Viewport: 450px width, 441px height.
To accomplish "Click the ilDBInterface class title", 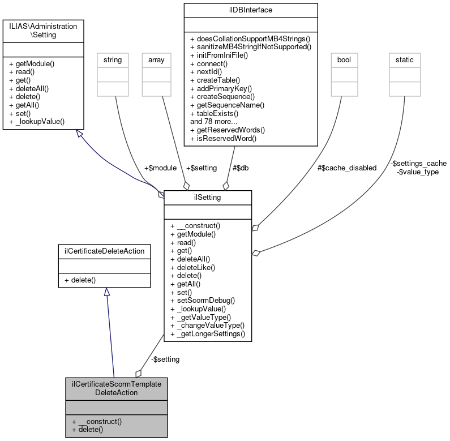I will pos(250,10).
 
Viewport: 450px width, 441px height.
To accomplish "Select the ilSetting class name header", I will pos(207,197).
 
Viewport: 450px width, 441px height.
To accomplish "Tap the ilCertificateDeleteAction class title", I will pos(104,251).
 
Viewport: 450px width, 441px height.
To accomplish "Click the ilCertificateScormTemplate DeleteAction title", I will pos(117,388).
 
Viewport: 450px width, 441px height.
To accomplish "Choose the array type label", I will pos(156,59).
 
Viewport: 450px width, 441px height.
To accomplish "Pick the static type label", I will pos(404,59).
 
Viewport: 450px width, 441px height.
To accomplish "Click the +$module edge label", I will pos(160,168).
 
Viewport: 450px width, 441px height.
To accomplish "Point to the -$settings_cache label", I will pos(418,163).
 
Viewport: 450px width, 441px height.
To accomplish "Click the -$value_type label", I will pos(418,172).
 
